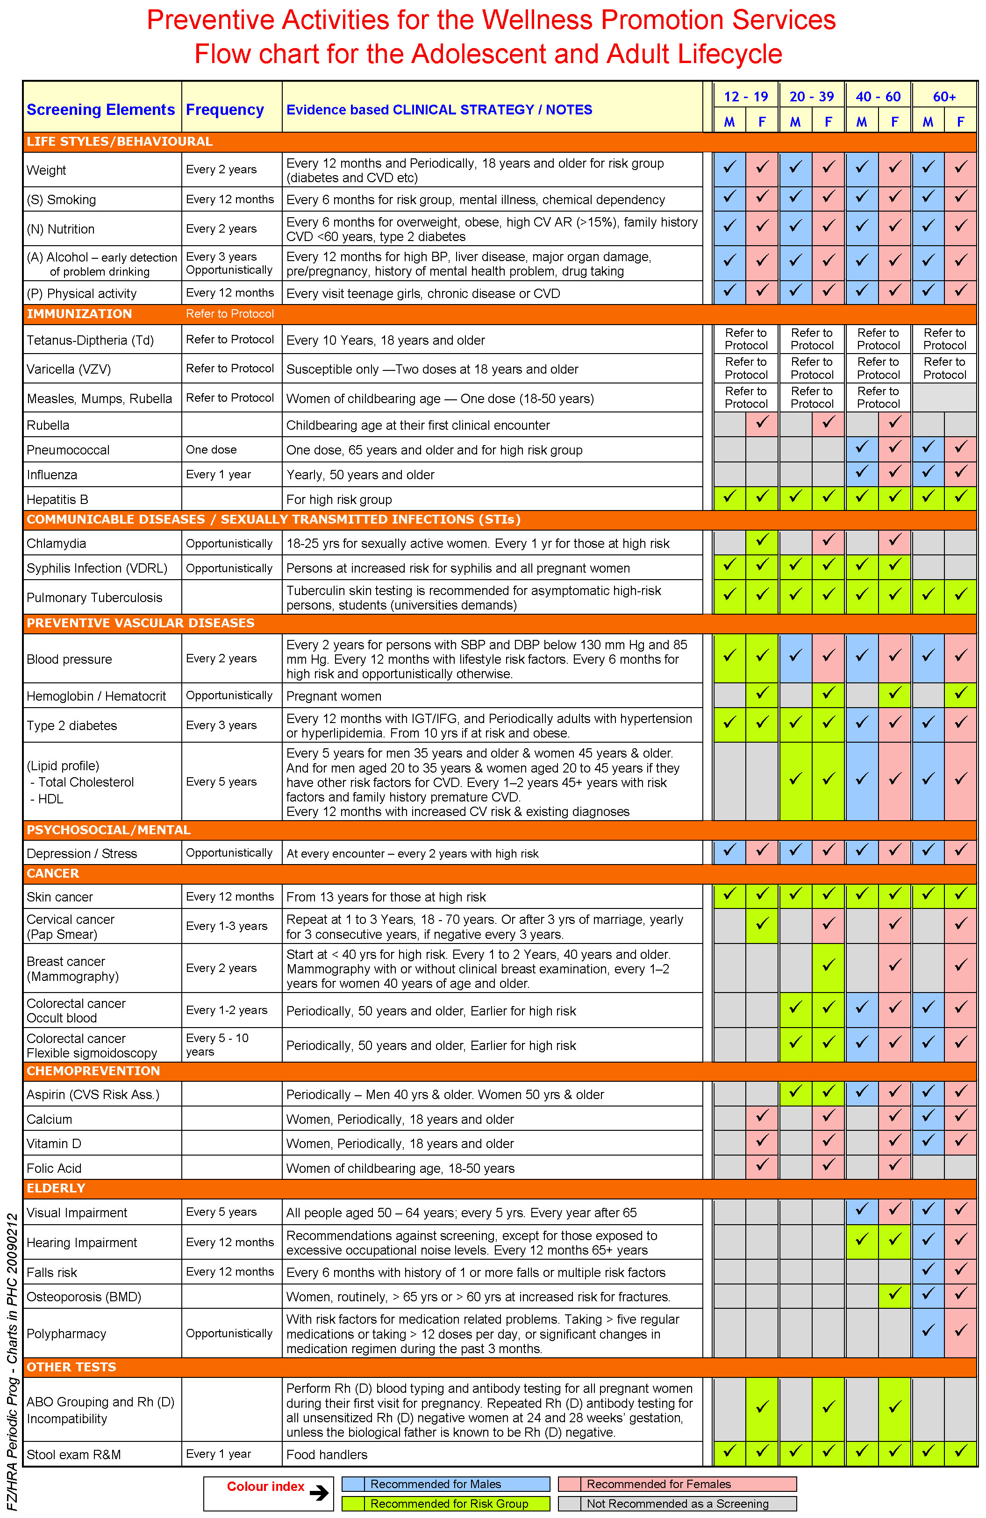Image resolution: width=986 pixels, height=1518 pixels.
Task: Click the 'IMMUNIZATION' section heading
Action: (79, 314)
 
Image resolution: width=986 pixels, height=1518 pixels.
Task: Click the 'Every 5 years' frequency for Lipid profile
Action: (221, 781)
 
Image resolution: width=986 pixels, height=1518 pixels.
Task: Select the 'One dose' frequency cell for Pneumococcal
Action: (211, 450)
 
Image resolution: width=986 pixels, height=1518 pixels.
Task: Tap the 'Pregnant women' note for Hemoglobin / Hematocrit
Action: (333, 696)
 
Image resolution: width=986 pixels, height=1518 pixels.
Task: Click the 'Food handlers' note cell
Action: (327, 1454)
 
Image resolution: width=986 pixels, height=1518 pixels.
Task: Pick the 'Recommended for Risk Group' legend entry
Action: (449, 1504)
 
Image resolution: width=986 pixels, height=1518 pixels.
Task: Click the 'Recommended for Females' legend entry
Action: (658, 1484)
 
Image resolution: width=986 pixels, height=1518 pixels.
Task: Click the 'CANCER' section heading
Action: (53, 873)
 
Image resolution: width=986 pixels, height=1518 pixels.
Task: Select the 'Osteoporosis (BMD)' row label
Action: (84, 1297)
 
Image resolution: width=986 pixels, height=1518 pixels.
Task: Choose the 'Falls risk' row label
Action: (52, 1272)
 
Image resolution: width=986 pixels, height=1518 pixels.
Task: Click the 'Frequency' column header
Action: (225, 110)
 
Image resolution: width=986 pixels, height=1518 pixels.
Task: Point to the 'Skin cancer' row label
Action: (59, 897)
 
